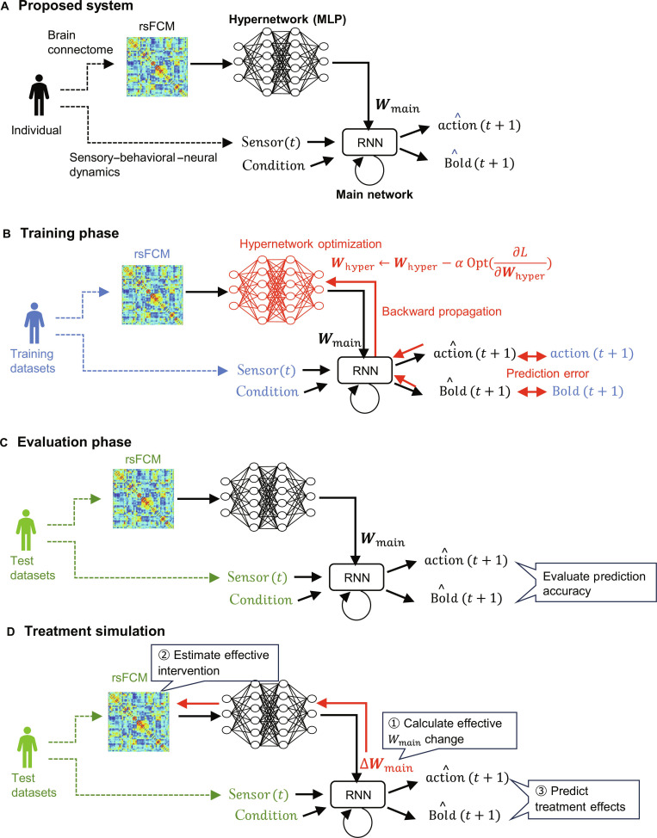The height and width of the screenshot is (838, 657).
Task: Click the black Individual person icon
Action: (x=39, y=96)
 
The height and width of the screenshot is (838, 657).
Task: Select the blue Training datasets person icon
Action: (x=34, y=323)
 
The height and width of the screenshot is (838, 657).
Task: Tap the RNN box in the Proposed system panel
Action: (x=369, y=142)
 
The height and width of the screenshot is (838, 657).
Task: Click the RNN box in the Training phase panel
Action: (x=365, y=370)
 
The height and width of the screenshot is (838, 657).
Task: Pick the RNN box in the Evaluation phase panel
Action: (x=356, y=577)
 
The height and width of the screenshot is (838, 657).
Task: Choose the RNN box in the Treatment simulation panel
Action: (x=358, y=794)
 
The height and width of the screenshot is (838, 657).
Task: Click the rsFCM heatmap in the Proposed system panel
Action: (x=158, y=67)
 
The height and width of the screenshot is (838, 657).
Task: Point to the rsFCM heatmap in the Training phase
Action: (x=152, y=294)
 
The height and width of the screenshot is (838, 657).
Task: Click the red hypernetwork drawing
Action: (x=276, y=290)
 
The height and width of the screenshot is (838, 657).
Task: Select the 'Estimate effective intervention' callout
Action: (x=215, y=663)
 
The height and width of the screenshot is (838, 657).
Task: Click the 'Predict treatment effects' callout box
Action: (x=580, y=799)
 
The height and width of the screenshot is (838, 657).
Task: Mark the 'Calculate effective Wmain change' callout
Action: (x=449, y=731)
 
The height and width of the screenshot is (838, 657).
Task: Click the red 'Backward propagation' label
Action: (x=442, y=311)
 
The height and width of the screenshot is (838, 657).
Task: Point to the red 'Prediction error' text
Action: (x=548, y=373)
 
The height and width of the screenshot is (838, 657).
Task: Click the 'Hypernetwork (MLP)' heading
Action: (x=288, y=20)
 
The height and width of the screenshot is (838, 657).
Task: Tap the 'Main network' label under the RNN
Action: (x=375, y=194)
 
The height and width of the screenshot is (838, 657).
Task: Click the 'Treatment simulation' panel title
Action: (x=95, y=632)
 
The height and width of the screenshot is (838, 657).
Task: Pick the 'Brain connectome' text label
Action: (x=80, y=42)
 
